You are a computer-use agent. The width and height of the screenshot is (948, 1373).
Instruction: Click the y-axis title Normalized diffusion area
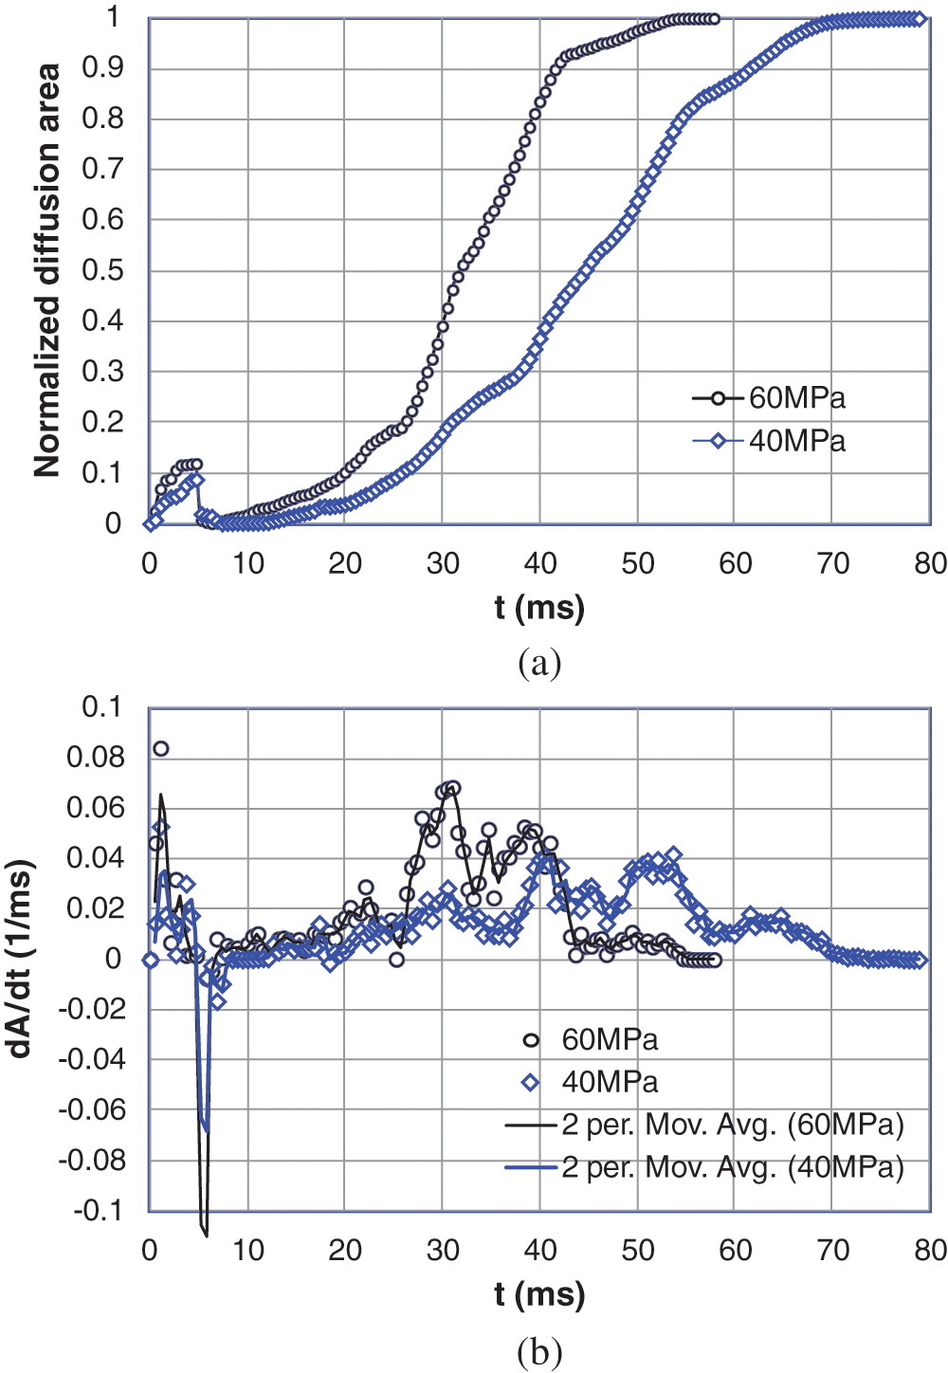point(47,270)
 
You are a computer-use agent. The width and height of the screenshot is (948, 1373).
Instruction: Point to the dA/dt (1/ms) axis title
point(21,958)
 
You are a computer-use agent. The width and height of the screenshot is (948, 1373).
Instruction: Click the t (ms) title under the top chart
point(539,607)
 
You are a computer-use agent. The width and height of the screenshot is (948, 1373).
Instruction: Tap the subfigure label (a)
point(539,663)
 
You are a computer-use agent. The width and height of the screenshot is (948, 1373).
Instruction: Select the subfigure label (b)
point(539,1349)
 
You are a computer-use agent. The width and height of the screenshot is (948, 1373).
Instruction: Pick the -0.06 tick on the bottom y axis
point(91,1109)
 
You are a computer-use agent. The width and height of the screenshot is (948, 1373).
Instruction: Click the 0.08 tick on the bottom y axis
point(96,757)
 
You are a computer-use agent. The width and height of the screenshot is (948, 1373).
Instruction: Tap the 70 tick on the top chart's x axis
point(832,564)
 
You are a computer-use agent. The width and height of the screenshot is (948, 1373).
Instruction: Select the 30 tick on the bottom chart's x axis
point(443,1251)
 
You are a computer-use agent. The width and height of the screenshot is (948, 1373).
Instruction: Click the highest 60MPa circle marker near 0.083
point(161,749)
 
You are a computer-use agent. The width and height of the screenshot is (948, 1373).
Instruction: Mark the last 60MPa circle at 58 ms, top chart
point(714,19)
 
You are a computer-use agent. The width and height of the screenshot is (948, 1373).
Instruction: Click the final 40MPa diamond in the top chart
point(918,19)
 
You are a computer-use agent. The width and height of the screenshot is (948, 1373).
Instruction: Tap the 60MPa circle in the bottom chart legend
point(531,1040)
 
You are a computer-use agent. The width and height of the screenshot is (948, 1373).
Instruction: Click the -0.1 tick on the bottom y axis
point(99,1211)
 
